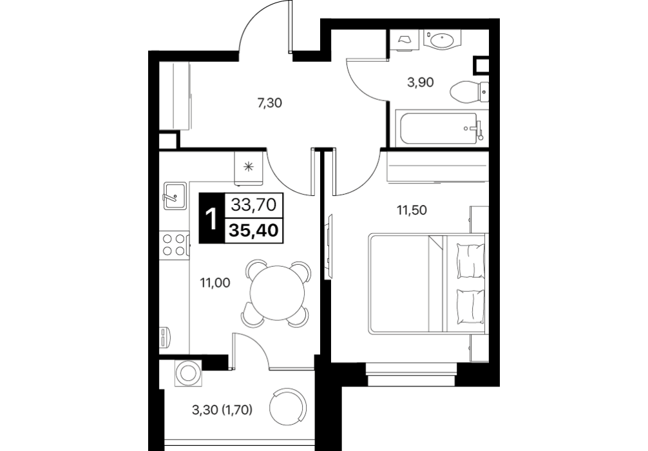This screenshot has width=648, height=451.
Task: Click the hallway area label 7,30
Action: click(269, 103)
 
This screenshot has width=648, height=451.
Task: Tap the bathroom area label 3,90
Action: click(421, 82)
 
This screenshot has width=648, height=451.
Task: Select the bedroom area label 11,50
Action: click(412, 211)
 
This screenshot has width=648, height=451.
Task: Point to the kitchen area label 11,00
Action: click(215, 283)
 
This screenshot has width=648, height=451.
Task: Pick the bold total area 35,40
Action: click(253, 230)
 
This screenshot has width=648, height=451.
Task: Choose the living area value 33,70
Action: click(253, 205)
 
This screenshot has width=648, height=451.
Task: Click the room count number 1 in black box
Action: click(211, 218)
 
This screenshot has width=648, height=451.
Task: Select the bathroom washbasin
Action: click(442, 40)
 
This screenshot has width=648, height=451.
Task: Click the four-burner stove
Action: click(175, 245)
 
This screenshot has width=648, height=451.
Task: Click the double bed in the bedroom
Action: click(427, 283)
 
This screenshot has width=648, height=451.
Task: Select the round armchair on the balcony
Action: click(288, 405)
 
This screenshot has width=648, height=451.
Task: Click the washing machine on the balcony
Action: click(189, 373)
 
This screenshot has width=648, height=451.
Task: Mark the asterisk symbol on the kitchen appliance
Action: click(248, 167)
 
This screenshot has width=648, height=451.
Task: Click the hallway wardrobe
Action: click(175, 96)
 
